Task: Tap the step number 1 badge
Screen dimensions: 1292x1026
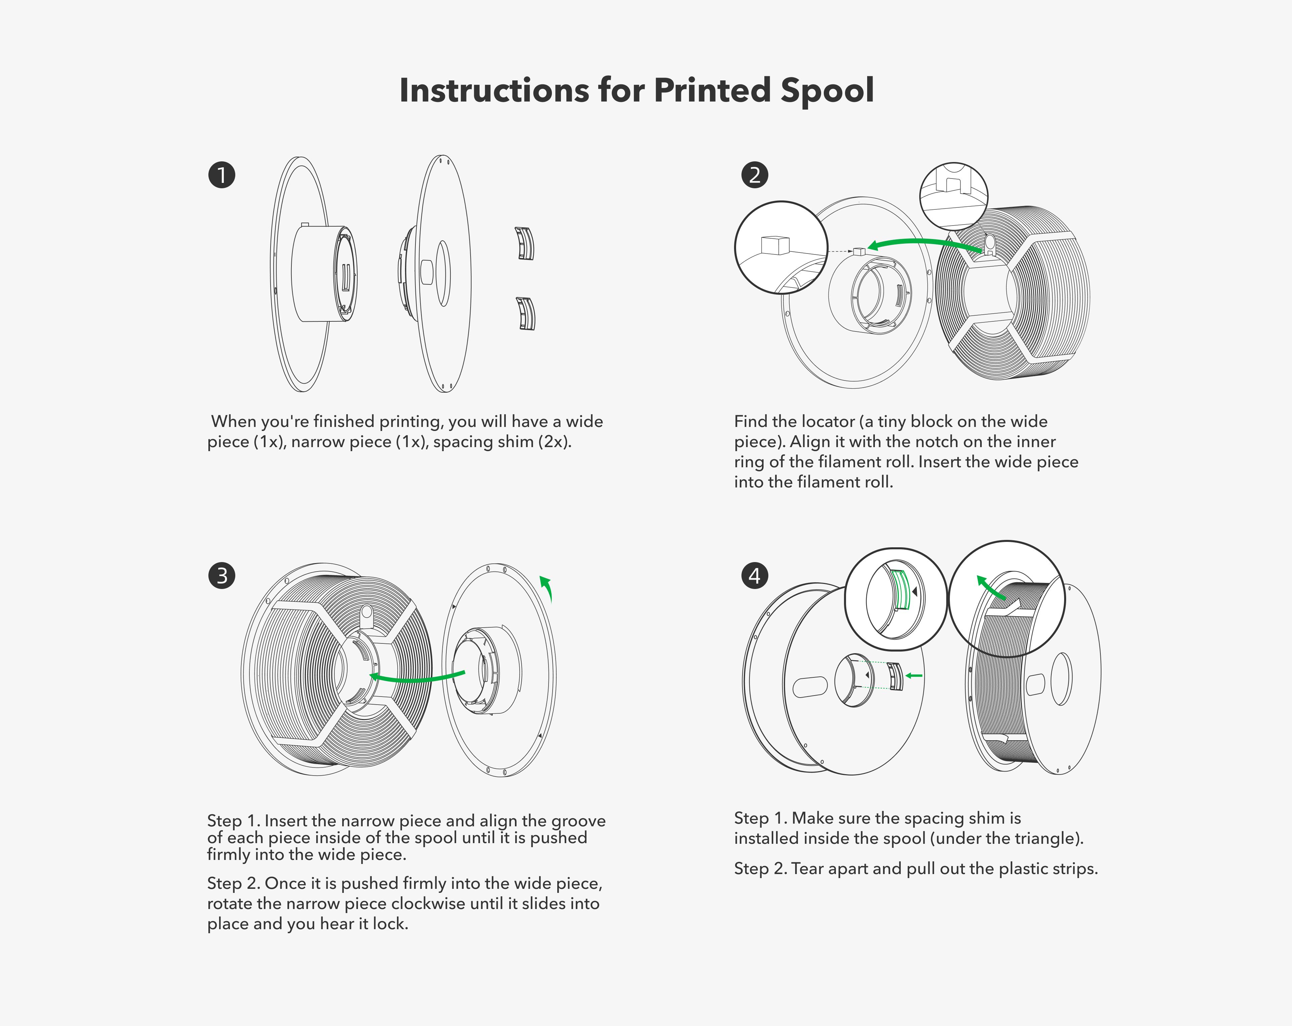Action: coord(222,175)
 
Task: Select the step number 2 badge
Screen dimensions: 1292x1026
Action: coord(755,175)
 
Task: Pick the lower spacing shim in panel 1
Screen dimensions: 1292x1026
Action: coord(526,313)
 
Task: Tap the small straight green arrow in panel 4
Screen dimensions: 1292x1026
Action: coord(914,675)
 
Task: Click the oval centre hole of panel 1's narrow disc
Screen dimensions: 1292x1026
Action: coord(443,273)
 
